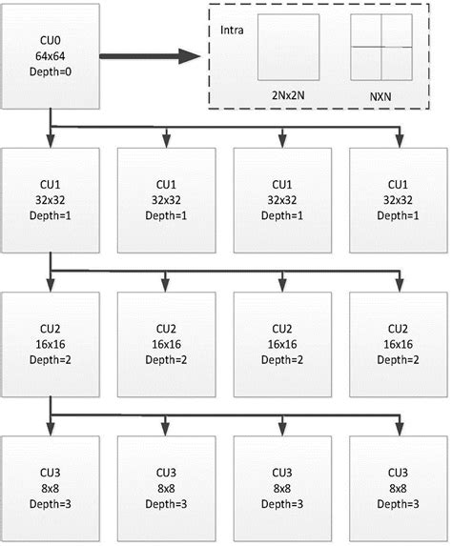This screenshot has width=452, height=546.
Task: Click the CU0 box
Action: coord(51,58)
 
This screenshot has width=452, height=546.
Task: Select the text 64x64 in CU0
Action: coord(51,58)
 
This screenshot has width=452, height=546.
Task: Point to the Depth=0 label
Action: coord(51,72)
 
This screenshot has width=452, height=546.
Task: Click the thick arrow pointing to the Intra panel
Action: coord(148,56)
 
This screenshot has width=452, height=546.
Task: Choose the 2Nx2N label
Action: coord(294,96)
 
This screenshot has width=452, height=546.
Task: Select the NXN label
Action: coord(381,96)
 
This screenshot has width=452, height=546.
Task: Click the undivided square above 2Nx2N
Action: coord(294,46)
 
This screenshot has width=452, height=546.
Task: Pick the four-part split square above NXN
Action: coord(381,46)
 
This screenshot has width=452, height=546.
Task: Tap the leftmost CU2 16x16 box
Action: coord(51,344)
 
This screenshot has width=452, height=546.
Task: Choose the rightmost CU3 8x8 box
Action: coord(399,486)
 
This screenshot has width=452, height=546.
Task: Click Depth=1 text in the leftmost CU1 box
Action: coord(51,215)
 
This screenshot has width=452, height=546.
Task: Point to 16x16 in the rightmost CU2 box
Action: coord(399,344)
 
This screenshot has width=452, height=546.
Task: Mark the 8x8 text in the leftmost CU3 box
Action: coord(51,486)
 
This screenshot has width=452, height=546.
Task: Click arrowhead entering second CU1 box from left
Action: coord(166,143)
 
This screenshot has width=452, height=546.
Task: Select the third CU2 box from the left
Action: coord(282,344)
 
